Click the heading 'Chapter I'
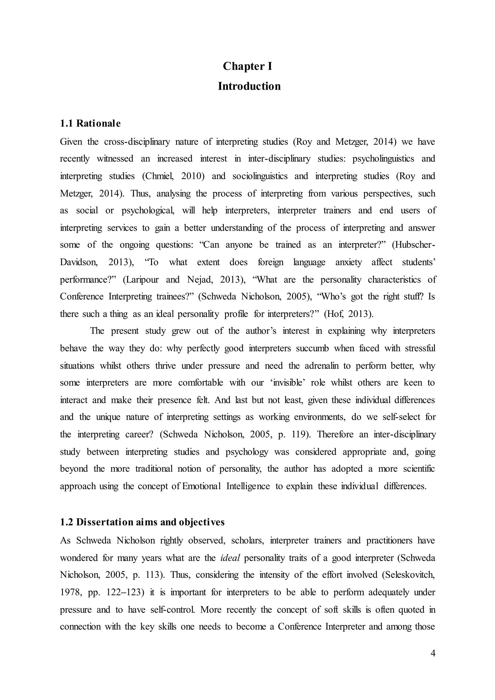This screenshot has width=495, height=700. [247, 66]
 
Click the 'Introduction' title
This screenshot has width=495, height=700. [249, 86]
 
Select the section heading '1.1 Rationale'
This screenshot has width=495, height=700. [90, 123]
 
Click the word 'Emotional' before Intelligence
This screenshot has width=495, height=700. [201, 486]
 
